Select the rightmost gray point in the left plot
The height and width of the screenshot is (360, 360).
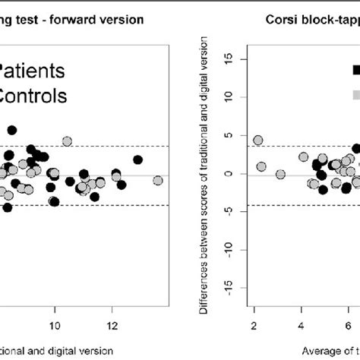click(x=157, y=180)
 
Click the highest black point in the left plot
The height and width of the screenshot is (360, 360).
click(x=33, y=128)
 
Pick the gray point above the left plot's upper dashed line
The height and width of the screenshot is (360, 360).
click(x=67, y=141)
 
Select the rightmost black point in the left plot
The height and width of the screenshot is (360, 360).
click(x=137, y=159)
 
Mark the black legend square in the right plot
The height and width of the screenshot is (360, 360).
click(x=356, y=70)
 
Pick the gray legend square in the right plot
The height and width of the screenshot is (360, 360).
click(x=356, y=94)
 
